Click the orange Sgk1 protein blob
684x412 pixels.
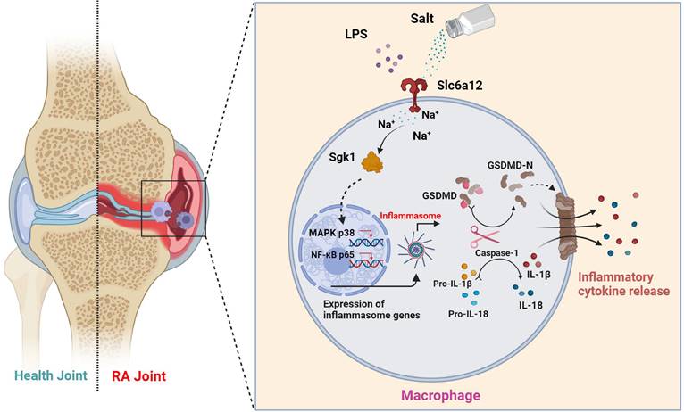tap(368, 162)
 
